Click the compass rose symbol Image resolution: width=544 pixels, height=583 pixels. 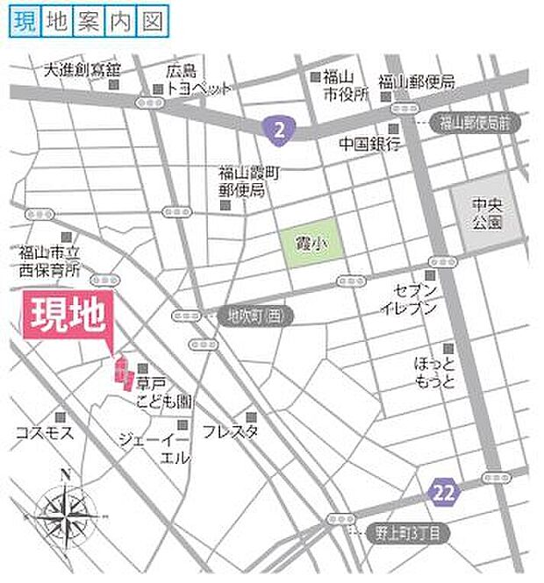click(x=66, y=516)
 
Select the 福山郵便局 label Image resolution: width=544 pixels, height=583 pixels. click(x=417, y=82)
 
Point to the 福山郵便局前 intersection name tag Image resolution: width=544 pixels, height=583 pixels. click(x=474, y=123)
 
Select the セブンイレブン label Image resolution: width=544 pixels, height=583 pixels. click(x=409, y=299)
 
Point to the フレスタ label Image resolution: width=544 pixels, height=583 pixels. click(x=230, y=431)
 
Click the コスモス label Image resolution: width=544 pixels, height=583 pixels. click(x=45, y=432)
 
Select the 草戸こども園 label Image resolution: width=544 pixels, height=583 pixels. click(x=167, y=392)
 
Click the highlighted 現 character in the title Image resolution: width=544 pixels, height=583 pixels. click(x=24, y=23)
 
